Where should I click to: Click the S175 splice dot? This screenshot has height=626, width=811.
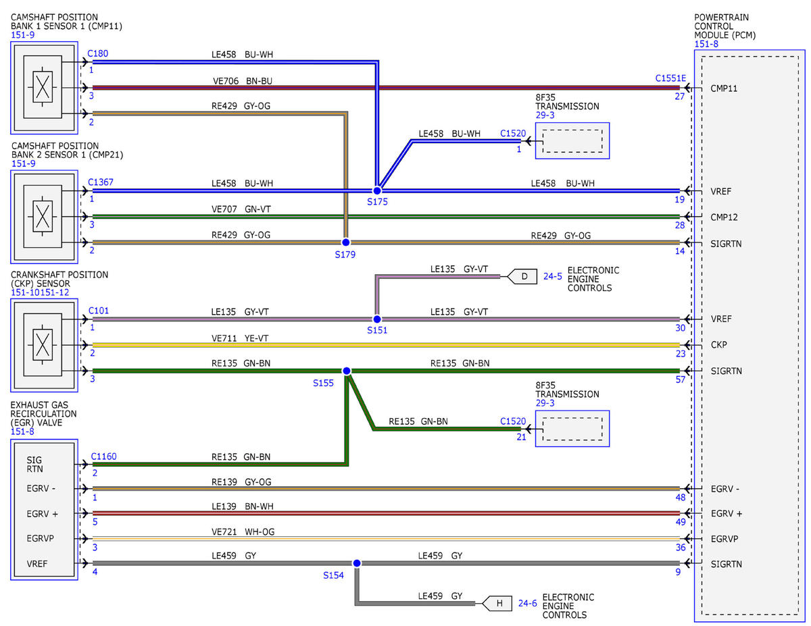click(x=377, y=190)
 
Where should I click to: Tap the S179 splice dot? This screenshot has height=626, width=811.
click(x=345, y=242)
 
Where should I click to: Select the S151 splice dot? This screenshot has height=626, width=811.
click(x=377, y=319)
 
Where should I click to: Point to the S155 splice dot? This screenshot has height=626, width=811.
click(x=346, y=371)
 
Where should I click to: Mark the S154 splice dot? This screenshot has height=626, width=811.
click(x=357, y=563)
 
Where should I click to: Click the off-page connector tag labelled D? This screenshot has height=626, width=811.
click(x=522, y=276)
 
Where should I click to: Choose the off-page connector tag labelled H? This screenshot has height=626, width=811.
click(x=497, y=603)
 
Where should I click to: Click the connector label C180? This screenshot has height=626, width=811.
click(x=98, y=53)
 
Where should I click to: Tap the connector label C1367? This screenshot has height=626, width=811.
click(x=101, y=182)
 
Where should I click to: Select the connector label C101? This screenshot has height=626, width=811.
click(x=99, y=311)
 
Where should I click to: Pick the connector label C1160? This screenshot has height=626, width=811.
click(x=104, y=457)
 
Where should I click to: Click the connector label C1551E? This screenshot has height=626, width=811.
click(x=670, y=78)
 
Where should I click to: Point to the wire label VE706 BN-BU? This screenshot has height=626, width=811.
click(x=243, y=81)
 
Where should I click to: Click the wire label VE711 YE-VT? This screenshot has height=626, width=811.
click(x=240, y=338)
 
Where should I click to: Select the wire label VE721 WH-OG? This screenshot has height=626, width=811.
click(x=243, y=531)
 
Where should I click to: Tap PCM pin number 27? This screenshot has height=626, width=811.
click(x=680, y=96)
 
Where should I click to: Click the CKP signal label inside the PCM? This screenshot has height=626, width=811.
click(x=719, y=344)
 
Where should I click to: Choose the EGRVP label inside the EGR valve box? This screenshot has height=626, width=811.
click(x=41, y=538)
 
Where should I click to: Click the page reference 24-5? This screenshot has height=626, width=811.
click(x=553, y=276)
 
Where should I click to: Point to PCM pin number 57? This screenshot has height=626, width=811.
click(x=681, y=380)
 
